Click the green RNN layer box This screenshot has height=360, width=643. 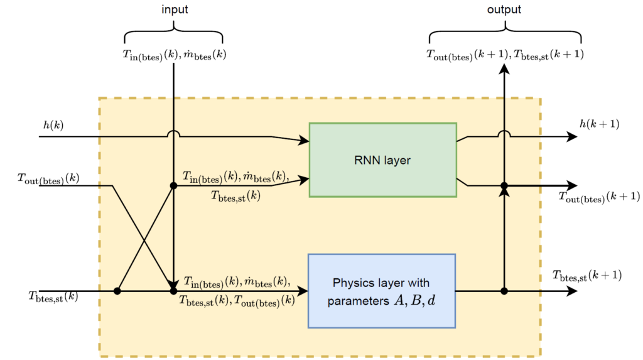[382, 160]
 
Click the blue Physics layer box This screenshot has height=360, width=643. [381, 290]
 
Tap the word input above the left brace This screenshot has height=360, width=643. [173, 10]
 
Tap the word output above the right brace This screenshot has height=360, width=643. [504, 10]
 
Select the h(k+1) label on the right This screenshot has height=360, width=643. [600, 124]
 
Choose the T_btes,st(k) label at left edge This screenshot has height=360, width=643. [53, 295]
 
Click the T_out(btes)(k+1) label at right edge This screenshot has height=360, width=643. [599, 197]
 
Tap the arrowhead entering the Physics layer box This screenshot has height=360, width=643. [303, 292]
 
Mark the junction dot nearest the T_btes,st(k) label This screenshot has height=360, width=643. [117, 292]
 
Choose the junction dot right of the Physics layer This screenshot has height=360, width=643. [504, 292]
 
